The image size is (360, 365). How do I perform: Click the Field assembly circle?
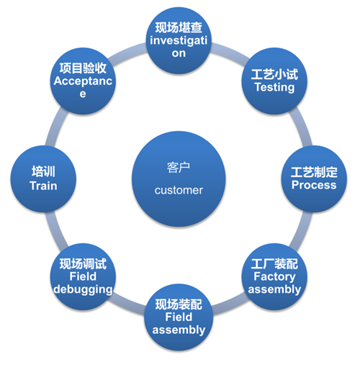(x=179, y=317)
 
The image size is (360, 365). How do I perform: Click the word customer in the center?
(x=179, y=191)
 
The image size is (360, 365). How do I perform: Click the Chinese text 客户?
(x=179, y=166)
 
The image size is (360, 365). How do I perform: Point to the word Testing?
(x=274, y=87)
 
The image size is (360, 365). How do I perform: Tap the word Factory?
(x=274, y=277)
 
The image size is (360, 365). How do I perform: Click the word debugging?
(x=83, y=289)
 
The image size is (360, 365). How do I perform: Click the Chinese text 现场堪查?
(x=179, y=28)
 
